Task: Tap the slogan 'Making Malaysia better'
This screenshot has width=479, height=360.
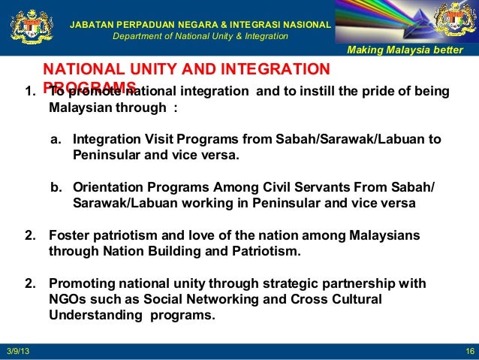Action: click(x=408, y=50)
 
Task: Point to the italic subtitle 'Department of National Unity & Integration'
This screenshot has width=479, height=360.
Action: click(x=200, y=36)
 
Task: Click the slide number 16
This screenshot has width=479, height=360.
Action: click(x=468, y=352)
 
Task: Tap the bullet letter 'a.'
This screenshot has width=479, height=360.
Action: click(x=56, y=141)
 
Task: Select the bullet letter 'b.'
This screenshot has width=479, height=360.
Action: click(x=56, y=188)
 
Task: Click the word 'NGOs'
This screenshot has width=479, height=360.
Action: click(x=66, y=299)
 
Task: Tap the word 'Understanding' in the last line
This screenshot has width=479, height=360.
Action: click(x=92, y=315)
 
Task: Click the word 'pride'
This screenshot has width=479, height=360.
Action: click(x=381, y=92)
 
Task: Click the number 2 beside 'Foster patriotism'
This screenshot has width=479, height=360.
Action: click(x=31, y=236)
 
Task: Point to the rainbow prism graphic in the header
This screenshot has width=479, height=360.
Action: click(x=383, y=21)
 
